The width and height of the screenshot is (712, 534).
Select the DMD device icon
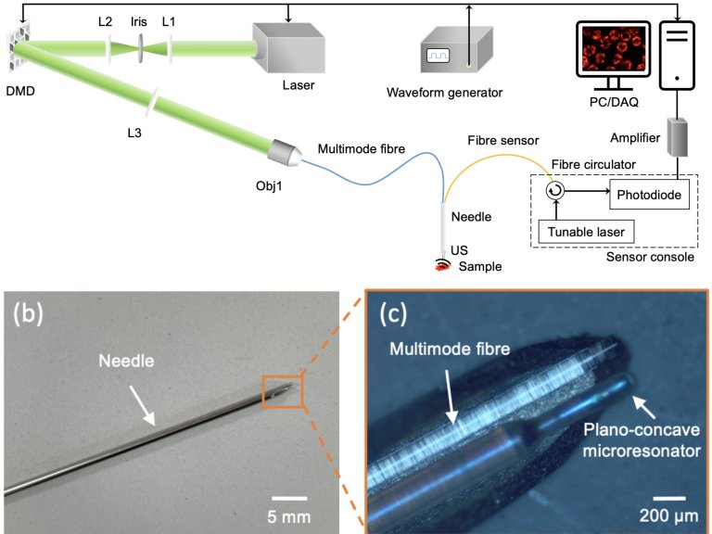[x=18, y=42]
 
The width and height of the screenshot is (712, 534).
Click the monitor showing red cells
[x=611, y=51]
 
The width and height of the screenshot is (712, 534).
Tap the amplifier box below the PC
[x=680, y=138]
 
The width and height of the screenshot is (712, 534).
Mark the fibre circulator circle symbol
[x=554, y=191]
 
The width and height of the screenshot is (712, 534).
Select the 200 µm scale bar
[x=674, y=498]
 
